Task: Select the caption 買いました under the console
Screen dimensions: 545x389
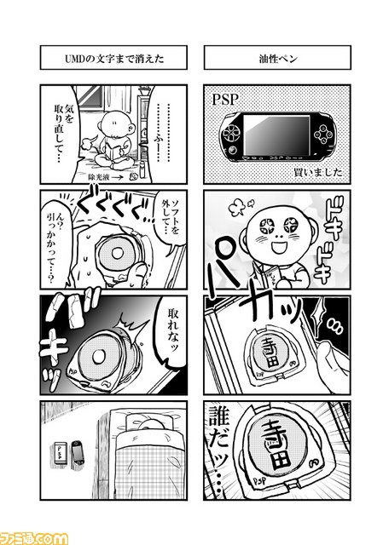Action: point(316,172)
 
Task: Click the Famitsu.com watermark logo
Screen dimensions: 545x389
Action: point(34,536)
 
